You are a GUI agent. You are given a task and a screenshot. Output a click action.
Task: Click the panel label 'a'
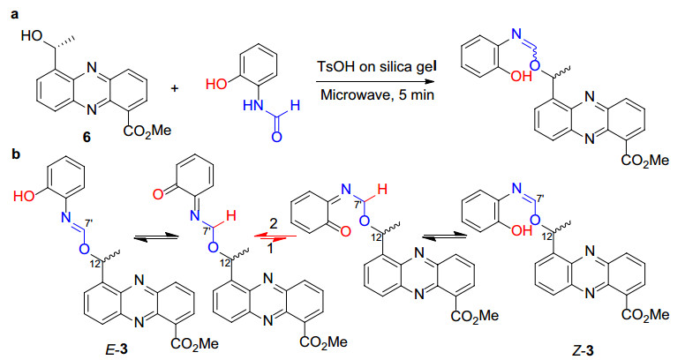click(15, 15)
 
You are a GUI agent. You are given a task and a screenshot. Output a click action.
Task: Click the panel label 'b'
click(16, 154)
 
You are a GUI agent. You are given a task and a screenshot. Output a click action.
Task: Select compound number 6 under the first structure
click(87, 138)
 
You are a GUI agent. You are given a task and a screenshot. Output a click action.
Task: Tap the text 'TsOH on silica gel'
click(377, 68)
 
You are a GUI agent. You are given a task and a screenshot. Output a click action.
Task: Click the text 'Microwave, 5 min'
click(378, 94)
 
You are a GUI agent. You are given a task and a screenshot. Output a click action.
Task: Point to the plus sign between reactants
click(175, 89)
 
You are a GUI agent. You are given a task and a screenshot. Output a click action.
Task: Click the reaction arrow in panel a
click(376, 82)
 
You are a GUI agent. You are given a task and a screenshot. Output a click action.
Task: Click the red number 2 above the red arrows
click(273, 225)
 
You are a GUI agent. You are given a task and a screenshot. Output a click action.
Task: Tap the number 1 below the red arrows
click(270, 251)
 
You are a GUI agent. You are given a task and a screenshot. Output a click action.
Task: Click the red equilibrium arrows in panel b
click(275, 236)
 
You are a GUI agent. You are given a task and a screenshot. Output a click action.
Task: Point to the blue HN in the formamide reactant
click(253, 106)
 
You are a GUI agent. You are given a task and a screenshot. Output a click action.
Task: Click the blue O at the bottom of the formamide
click(276, 137)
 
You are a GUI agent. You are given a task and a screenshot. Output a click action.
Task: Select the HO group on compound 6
click(32, 35)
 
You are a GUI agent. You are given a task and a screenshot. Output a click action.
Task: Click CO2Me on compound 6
click(147, 131)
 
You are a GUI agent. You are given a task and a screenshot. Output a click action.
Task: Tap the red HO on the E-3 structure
click(25, 196)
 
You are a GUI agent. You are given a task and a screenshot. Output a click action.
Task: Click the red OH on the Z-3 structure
click(521, 230)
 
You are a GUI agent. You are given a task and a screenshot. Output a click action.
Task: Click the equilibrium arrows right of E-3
click(155, 236)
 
